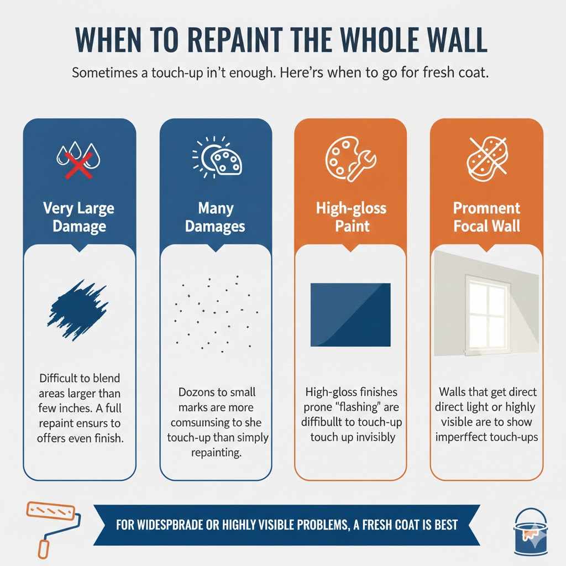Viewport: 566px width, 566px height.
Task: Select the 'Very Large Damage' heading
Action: [x=79, y=218]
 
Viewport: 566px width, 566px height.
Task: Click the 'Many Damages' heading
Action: [x=216, y=218]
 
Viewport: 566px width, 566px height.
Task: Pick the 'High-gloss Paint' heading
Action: [x=351, y=218]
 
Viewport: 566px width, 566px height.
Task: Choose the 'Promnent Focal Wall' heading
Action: [x=486, y=218]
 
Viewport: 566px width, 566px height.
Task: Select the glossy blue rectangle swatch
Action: [x=351, y=315]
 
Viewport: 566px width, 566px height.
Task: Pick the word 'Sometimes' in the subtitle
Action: [x=103, y=74]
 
